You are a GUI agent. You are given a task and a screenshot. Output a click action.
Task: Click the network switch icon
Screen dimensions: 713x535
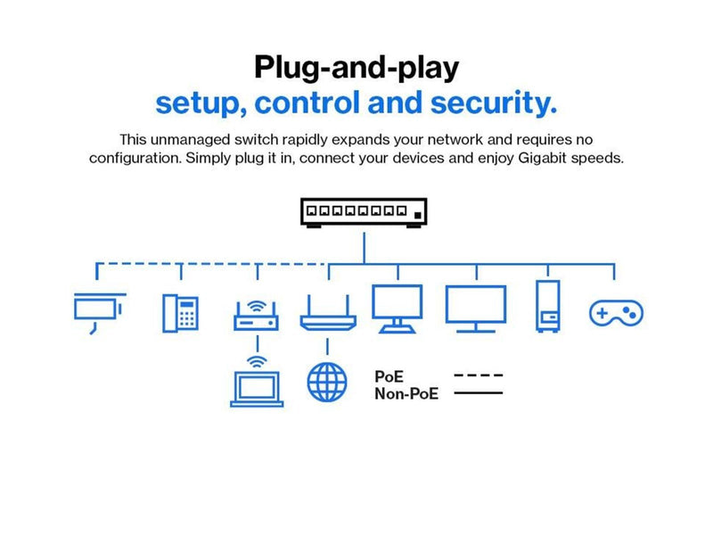[x=364, y=212]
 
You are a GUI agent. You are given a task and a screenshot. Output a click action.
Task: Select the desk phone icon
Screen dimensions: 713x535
[x=181, y=313]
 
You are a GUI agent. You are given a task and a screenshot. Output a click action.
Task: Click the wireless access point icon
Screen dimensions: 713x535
[x=256, y=316]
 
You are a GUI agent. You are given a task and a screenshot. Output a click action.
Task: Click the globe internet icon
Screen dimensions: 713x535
[x=327, y=383]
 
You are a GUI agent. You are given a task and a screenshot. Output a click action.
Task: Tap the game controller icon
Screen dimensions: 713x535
[x=616, y=313]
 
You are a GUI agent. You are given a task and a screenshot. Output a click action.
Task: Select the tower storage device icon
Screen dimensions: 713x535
[x=548, y=306]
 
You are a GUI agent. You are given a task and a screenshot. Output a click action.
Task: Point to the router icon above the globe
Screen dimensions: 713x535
[x=328, y=313]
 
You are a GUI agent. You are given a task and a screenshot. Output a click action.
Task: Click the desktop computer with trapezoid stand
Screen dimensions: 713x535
[x=397, y=309]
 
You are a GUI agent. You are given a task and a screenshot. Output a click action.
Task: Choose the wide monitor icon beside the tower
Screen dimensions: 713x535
[x=476, y=309]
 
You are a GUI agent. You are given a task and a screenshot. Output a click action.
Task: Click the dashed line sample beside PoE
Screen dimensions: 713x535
[x=479, y=375]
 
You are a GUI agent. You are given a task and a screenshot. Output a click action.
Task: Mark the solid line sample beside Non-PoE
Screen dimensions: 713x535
[x=479, y=392]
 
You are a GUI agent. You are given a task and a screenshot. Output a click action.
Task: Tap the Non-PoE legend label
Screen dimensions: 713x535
[x=406, y=393]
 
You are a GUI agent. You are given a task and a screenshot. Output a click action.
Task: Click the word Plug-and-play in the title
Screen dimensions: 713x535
[x=356, y=68]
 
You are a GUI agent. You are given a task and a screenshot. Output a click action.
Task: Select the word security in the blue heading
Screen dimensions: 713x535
[x=494, y=103]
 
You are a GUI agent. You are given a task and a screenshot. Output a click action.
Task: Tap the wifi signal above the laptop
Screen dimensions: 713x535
[x=257, y=362]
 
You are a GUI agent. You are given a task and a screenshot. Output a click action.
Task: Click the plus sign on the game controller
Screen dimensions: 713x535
[x=602, y=313]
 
